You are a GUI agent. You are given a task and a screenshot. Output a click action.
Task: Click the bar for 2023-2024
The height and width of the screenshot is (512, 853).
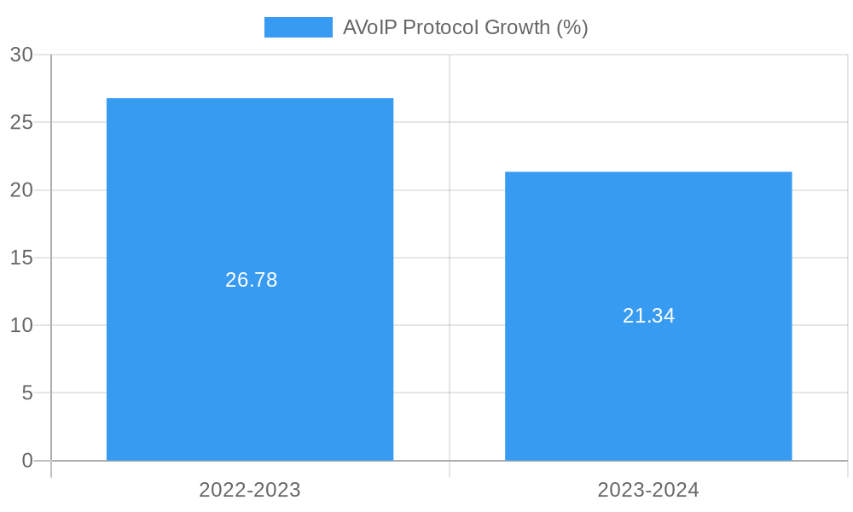click(x=648, y=384)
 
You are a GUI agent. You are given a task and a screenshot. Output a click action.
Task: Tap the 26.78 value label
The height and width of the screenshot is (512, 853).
click(x=251, y=280)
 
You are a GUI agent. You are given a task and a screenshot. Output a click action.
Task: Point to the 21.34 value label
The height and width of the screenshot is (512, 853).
click(x=648, y=316)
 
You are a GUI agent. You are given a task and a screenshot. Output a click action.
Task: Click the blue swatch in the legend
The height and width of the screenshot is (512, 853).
click(x=298, y=27)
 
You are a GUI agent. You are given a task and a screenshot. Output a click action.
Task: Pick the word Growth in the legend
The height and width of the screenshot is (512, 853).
click(x=517, y=27)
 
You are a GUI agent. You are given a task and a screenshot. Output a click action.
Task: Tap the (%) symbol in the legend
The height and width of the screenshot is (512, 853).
click(x=572, y=27)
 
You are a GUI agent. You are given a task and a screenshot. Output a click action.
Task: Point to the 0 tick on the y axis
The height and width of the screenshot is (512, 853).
click(x=26, y=461)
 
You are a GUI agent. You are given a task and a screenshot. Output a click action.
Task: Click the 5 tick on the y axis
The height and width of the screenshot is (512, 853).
click(x=26, y=393)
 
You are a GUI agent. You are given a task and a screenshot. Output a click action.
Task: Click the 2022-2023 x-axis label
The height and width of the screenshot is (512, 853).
click(x=250, y=490)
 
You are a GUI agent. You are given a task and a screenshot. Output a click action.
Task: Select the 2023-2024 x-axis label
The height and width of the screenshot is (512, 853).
click(x=648, y=490)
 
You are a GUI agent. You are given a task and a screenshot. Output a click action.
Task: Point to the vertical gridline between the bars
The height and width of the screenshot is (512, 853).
click(x=450, y=256)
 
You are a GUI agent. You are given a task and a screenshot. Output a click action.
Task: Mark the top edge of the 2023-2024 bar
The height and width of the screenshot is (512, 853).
click(x=648, y=172)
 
